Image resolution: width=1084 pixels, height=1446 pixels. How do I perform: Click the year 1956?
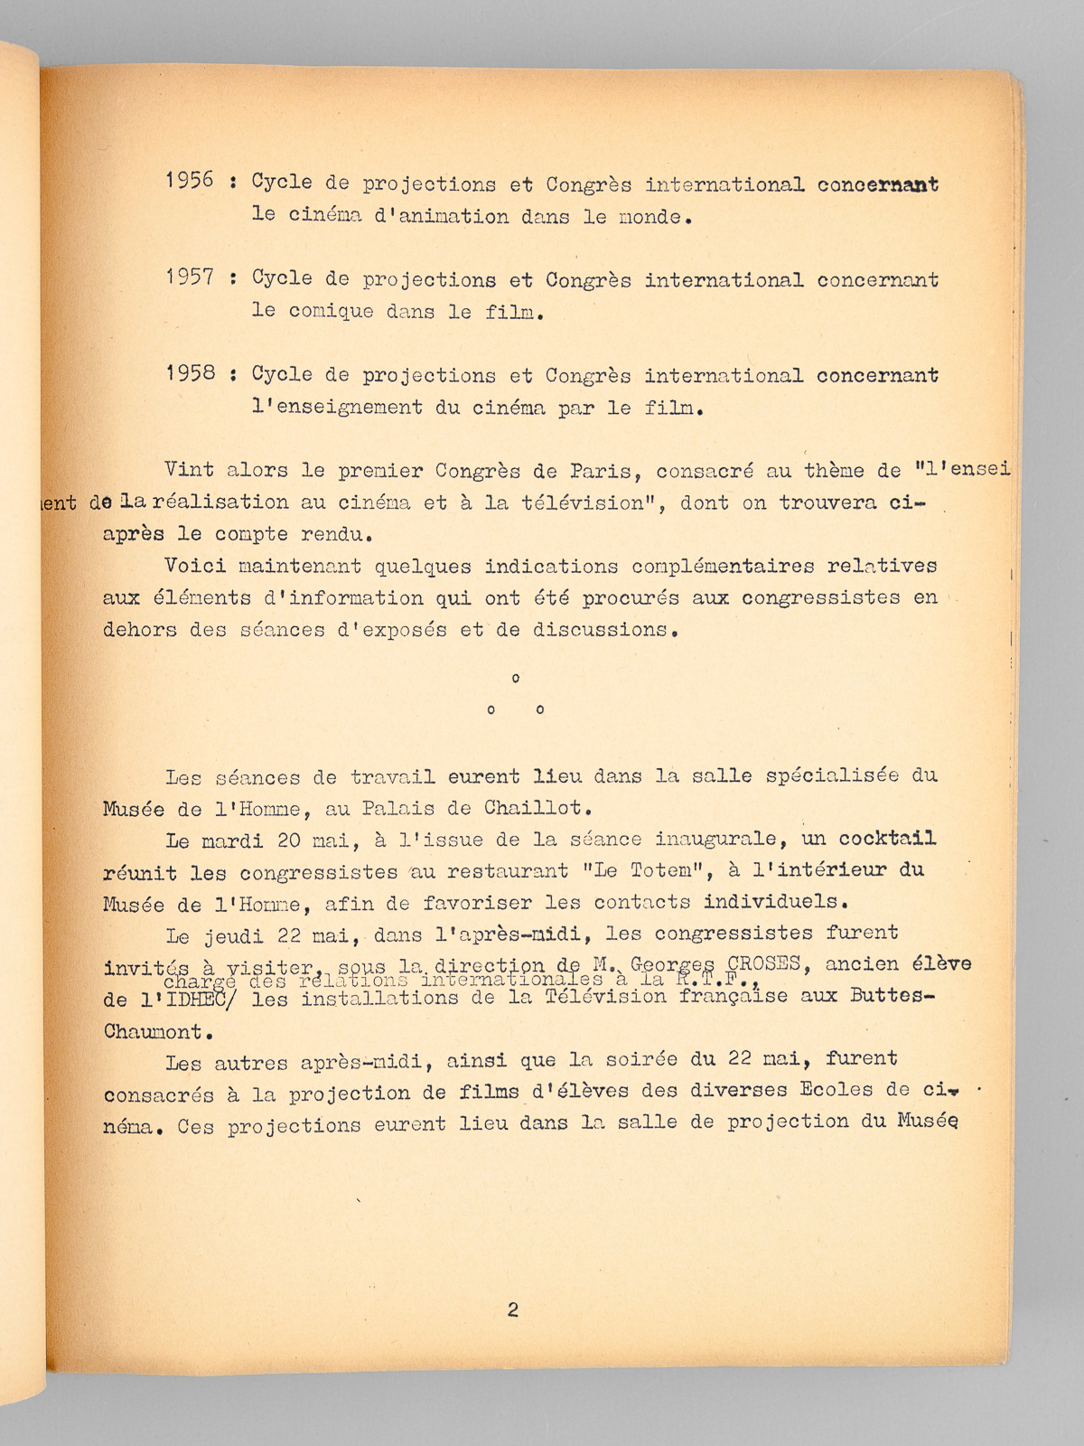click(x=190, y=180)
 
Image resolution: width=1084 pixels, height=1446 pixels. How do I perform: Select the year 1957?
click(x=190, y=277)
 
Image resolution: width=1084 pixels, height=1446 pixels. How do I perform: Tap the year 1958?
click(x=190, y=372)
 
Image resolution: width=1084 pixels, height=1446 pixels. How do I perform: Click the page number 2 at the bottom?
click(x=513, y=1310)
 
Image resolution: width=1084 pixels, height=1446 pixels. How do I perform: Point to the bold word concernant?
click(x=877, y=184)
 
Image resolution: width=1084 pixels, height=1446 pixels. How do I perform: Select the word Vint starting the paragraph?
click(x=189, y=470)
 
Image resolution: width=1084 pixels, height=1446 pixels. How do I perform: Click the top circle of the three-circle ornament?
click(x=515, y=678)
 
